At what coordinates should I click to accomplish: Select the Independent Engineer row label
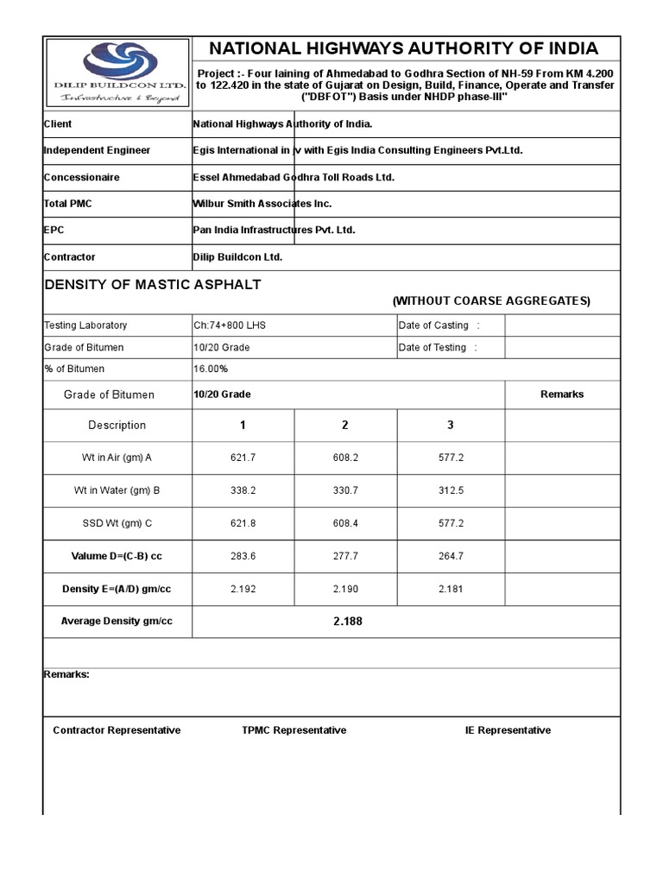[97, 150]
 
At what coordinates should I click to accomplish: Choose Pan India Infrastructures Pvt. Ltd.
[274, 230]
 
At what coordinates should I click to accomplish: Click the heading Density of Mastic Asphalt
[152, 285]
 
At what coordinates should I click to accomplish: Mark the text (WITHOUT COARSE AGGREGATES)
[491, 301]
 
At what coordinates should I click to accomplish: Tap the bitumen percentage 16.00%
[211, 369]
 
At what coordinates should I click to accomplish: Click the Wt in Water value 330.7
[345, 490]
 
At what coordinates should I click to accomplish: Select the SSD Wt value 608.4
[345, 523]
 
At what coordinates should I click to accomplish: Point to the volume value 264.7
[451, 556]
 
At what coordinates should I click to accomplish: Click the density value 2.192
[243, 589]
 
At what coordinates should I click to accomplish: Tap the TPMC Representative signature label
[294, 730]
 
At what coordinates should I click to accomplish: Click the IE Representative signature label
[508, 730]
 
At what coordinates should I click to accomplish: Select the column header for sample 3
[451, 425]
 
